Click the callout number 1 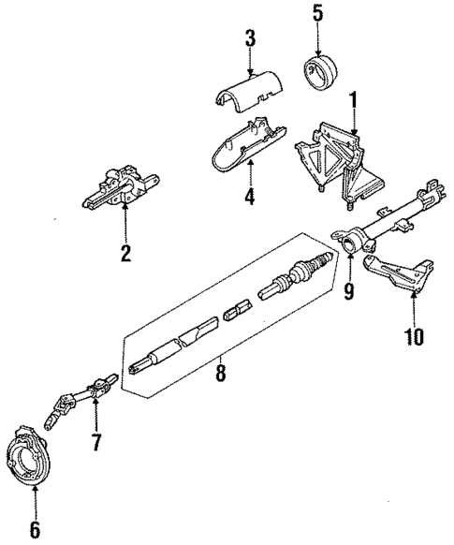coord(353,98)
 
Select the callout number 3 coord(250,39)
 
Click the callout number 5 coord(317,15)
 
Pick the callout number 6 coord(35,529)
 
